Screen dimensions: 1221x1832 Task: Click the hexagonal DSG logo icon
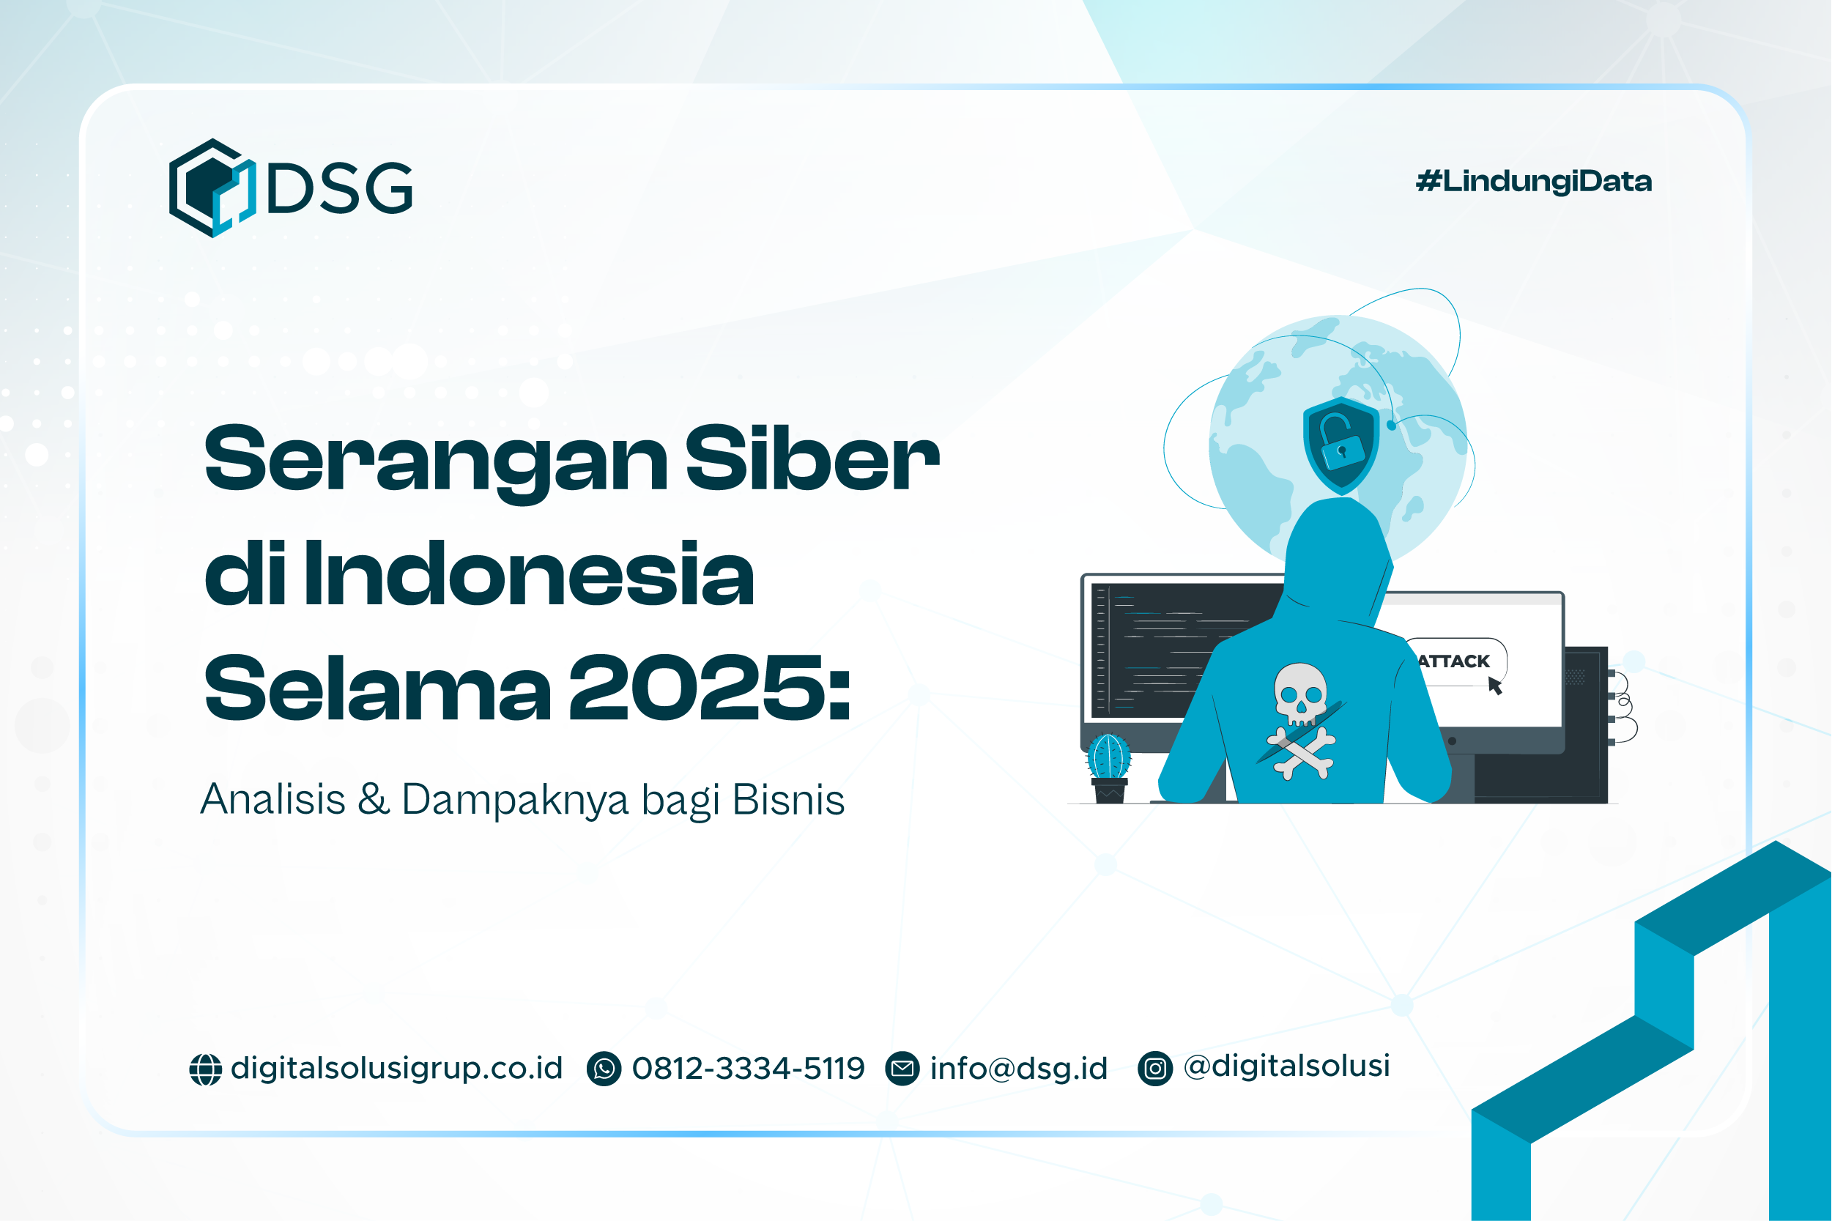[212, 188]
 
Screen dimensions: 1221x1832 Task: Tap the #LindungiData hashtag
[1533, 182]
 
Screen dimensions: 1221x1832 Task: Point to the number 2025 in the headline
[709, 689]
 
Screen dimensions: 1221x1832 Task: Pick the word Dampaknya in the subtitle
[515, 800]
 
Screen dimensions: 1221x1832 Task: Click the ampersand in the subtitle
[374, 799]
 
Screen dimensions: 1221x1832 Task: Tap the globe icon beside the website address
[206, 1069]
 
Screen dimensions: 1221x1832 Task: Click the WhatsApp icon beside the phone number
[604, 1069]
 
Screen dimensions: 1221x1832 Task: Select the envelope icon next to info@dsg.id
[902, 1069]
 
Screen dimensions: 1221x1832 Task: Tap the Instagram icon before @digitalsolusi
[1154, 1069]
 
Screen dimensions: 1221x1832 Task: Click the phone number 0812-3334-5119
[748, 1069]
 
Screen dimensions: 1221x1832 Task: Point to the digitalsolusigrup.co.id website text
[396, 1069]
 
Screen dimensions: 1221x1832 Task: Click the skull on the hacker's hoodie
[1300, 693]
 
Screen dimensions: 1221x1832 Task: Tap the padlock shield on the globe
[1340, 445]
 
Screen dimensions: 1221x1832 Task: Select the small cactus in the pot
[1109, 757]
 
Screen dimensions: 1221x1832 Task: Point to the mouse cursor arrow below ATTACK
[1494, 686]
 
